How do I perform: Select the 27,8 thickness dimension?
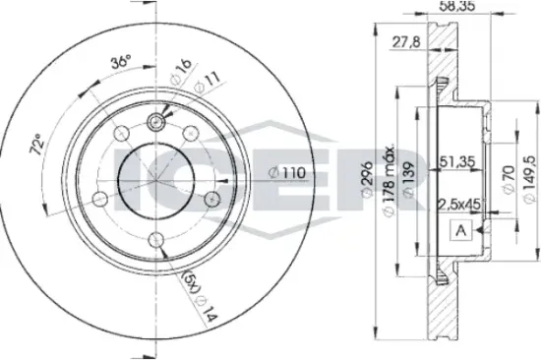407,42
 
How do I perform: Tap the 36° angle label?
121,62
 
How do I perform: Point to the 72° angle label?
37,144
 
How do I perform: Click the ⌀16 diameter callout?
181,71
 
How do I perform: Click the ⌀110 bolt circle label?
287,173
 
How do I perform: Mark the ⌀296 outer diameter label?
367,179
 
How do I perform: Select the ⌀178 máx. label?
389,180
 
